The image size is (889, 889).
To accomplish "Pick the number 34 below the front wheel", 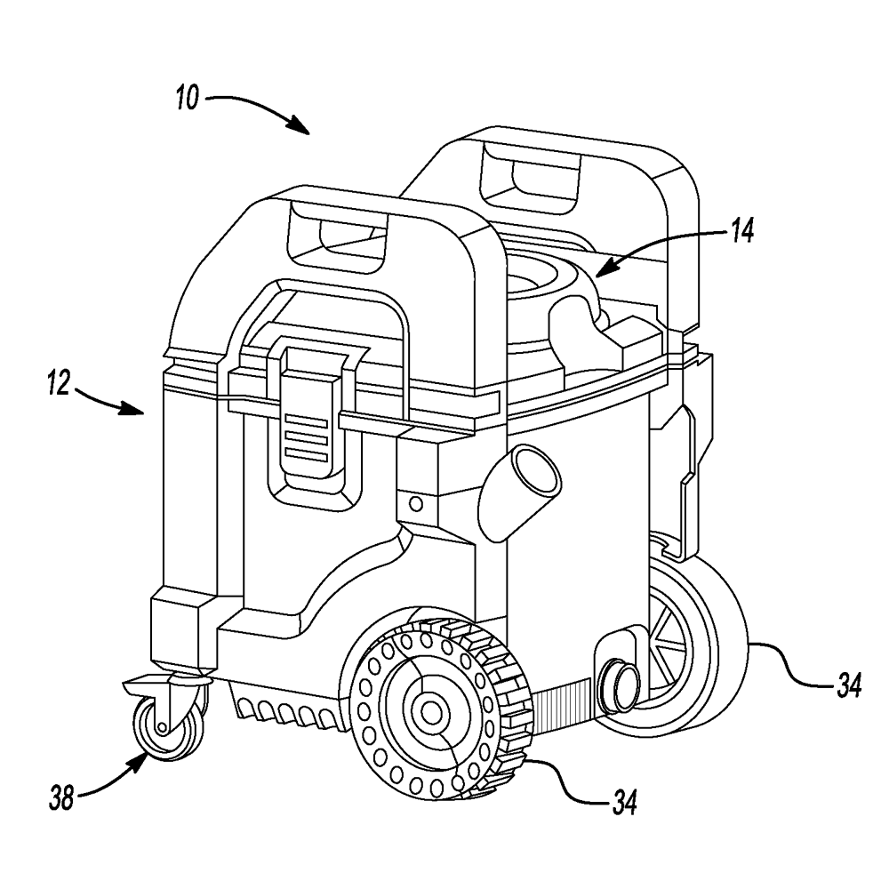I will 621,804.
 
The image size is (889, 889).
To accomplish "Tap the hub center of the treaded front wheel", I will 432,711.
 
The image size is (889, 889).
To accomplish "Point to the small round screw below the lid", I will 413,504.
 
